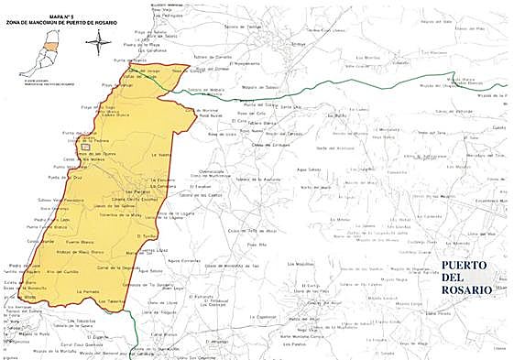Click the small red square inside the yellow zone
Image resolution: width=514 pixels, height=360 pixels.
click(85, 147)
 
